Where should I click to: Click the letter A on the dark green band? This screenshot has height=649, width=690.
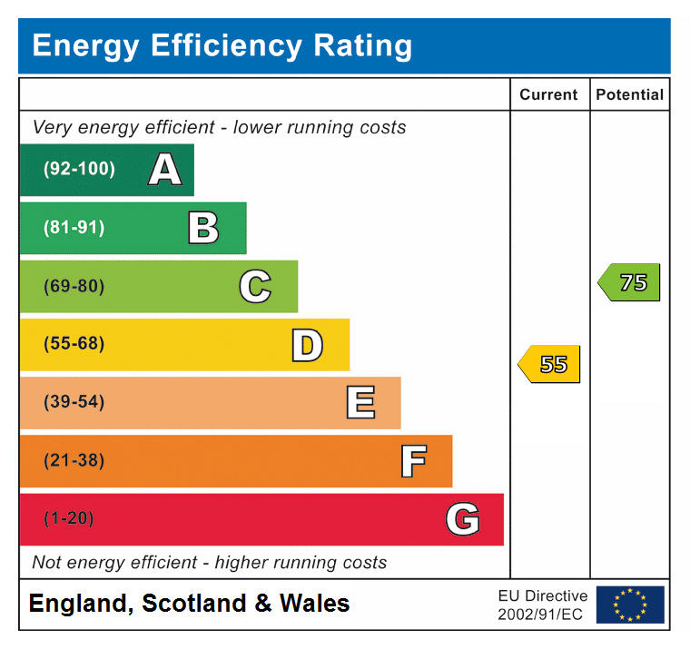pyautogui.click(x=164, y=170)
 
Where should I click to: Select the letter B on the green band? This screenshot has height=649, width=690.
pyautogui.click(x=203, y=228)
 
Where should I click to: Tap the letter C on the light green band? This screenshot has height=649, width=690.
pyautogui.click(x=255, y=287)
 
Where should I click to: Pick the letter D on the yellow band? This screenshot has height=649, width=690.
pyautogui.click(x=307, y=345)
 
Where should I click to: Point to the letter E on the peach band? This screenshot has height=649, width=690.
pyautogui.click(x=360, y=403)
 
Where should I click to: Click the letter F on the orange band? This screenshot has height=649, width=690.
pyautogui.click(x=413, y=461)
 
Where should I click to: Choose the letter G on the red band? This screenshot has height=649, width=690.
pyautogui.click(x=463, y=519)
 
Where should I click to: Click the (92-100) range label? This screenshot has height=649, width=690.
pyautogui.click(x=79, y=169)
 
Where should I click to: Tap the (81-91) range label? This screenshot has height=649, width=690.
pyautogui.click(x=74, y=228)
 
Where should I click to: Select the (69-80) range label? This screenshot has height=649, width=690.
pyautogui.click(x=74, y=286)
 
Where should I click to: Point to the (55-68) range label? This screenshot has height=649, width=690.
pyautogui.click(x=74, y=344)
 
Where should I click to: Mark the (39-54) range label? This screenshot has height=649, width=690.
pyautogui.click(x=74, y=402)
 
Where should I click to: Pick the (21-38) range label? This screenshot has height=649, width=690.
pyautogui.click(x=74, y=460)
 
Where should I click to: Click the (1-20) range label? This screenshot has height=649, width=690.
pyautogui.click(x=69, y=518)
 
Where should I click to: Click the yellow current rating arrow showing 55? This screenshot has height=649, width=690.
pyautogui.click(x=549, y=364)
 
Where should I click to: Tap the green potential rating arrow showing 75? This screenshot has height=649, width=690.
pyautogui.click(x=629, y=282)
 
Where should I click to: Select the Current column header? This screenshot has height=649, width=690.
pyautogui.click(x=548, y=94)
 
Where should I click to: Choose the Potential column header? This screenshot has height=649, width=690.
pyautogui.click(x=629, y=94)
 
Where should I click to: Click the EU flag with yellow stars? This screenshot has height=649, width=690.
pyautogui.click(x=630, y=605)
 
